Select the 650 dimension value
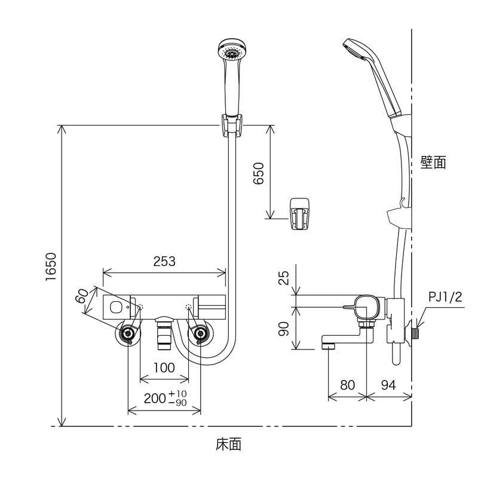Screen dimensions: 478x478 259,174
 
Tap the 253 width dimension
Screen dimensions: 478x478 164,261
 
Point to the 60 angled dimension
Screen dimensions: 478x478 83,295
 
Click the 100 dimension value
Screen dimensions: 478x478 164,367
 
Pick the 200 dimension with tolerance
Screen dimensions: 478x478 164,398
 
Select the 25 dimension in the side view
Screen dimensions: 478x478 284,277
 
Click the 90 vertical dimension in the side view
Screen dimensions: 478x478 284,328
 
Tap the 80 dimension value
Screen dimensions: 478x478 347,385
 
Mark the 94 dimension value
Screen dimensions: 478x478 388,385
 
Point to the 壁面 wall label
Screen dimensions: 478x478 433,162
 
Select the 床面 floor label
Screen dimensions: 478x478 229,444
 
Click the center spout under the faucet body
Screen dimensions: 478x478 164,335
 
